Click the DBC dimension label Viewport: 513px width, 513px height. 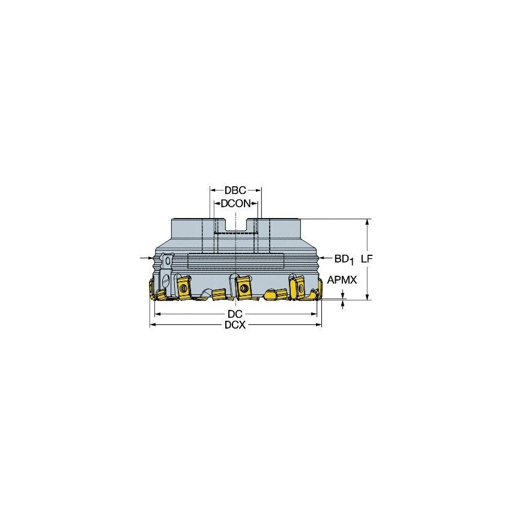pos(235,190)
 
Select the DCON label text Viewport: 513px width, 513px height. pos(235,204)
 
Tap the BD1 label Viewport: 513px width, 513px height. pos(344,259)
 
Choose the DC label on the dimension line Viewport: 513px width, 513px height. pos(235,314)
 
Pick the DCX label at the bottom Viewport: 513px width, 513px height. pos(235,325)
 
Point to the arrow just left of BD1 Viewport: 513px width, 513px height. pos(325,259)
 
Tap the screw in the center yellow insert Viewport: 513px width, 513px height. pos(243,288)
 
